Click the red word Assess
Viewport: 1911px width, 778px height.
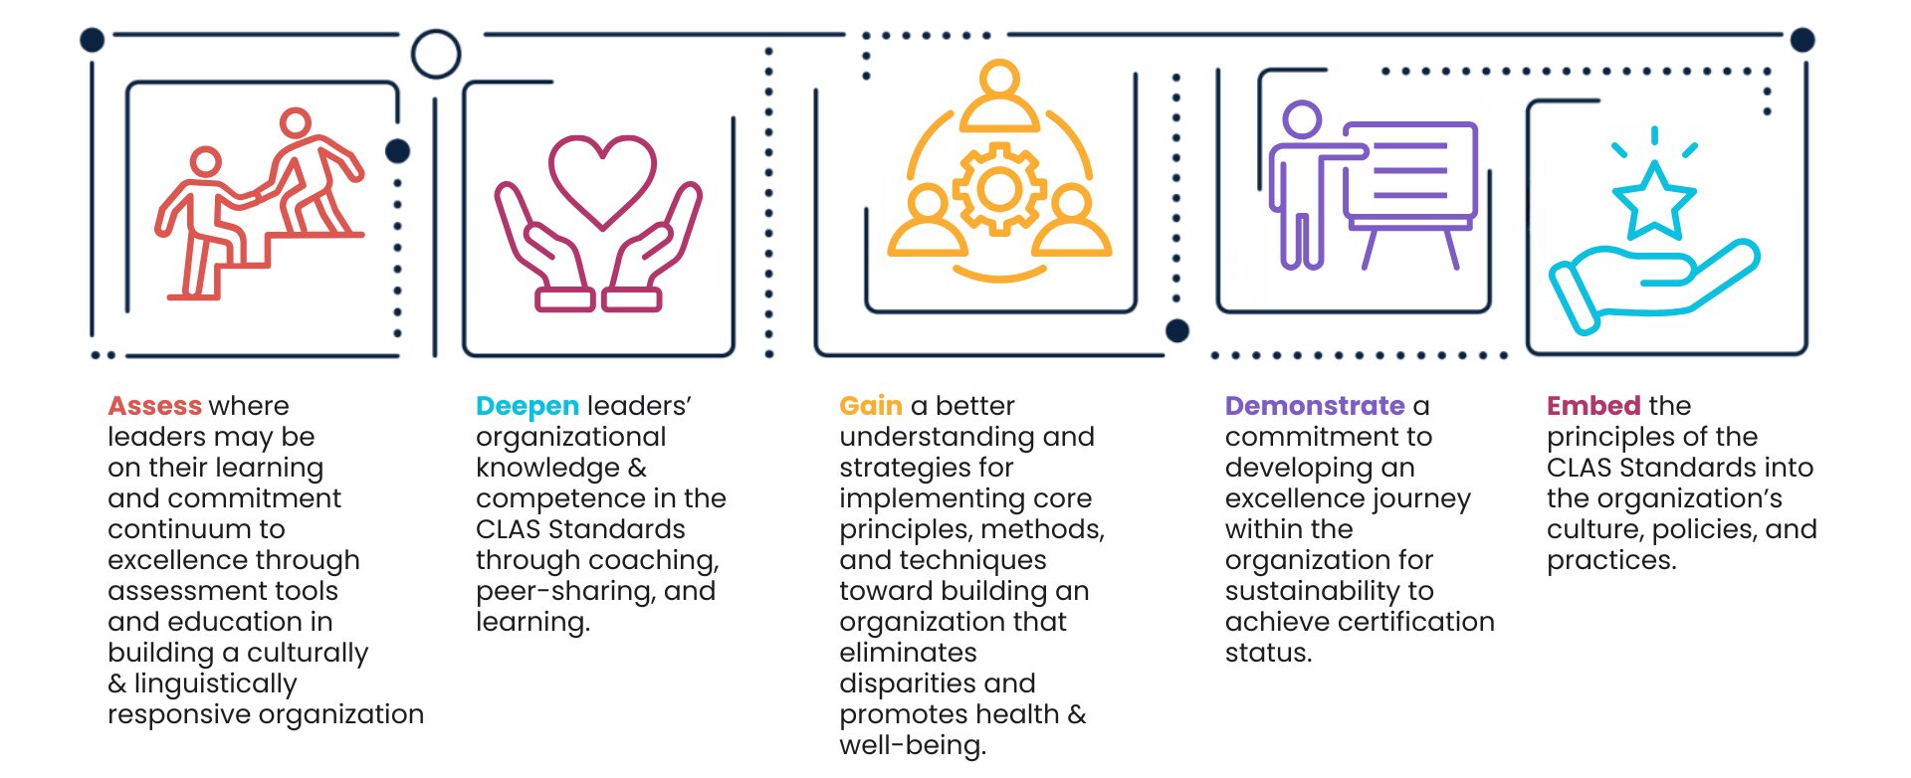(x=154, y=406)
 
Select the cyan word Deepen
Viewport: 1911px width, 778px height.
(x=527, y=406)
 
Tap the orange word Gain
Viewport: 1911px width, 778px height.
(x=870, y=406)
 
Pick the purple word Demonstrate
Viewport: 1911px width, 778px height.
(x=1314, y=406)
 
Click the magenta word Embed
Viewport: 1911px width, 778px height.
(x=1592, y=406)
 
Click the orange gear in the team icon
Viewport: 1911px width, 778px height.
(x=999, y=189)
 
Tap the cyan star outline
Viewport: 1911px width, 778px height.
(x=1653, y=200)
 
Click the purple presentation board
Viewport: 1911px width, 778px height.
(x=1409, y=170)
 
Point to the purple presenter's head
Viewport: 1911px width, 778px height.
(x=1301, y=119)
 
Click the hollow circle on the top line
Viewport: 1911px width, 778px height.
(x=436, y=54)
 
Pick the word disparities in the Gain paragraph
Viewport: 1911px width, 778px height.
(x=907, y=683)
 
